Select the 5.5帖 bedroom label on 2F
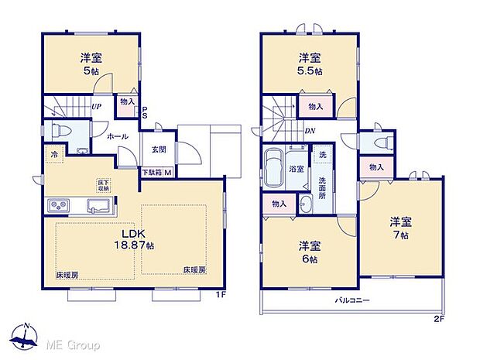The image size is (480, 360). coord(310,63)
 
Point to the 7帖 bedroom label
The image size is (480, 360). coord(402,228)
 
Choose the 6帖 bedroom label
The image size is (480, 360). coord(310,251)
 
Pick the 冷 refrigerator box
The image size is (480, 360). coord(55,154)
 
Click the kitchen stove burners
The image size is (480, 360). coord(59,205)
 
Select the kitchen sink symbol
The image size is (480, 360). coord(98,205)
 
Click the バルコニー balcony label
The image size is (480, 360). coord(352,300)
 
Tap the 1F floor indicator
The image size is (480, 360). coord(221,295)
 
